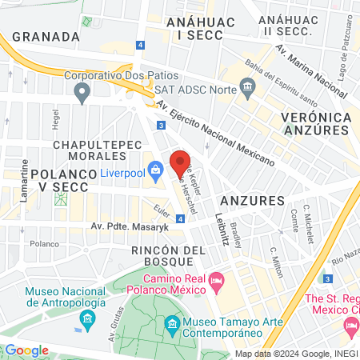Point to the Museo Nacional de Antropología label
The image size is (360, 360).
(66, 298)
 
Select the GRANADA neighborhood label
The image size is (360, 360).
(46, 37)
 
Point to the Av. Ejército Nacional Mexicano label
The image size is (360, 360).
(216, 133)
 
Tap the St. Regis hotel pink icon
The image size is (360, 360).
(350, 325)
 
